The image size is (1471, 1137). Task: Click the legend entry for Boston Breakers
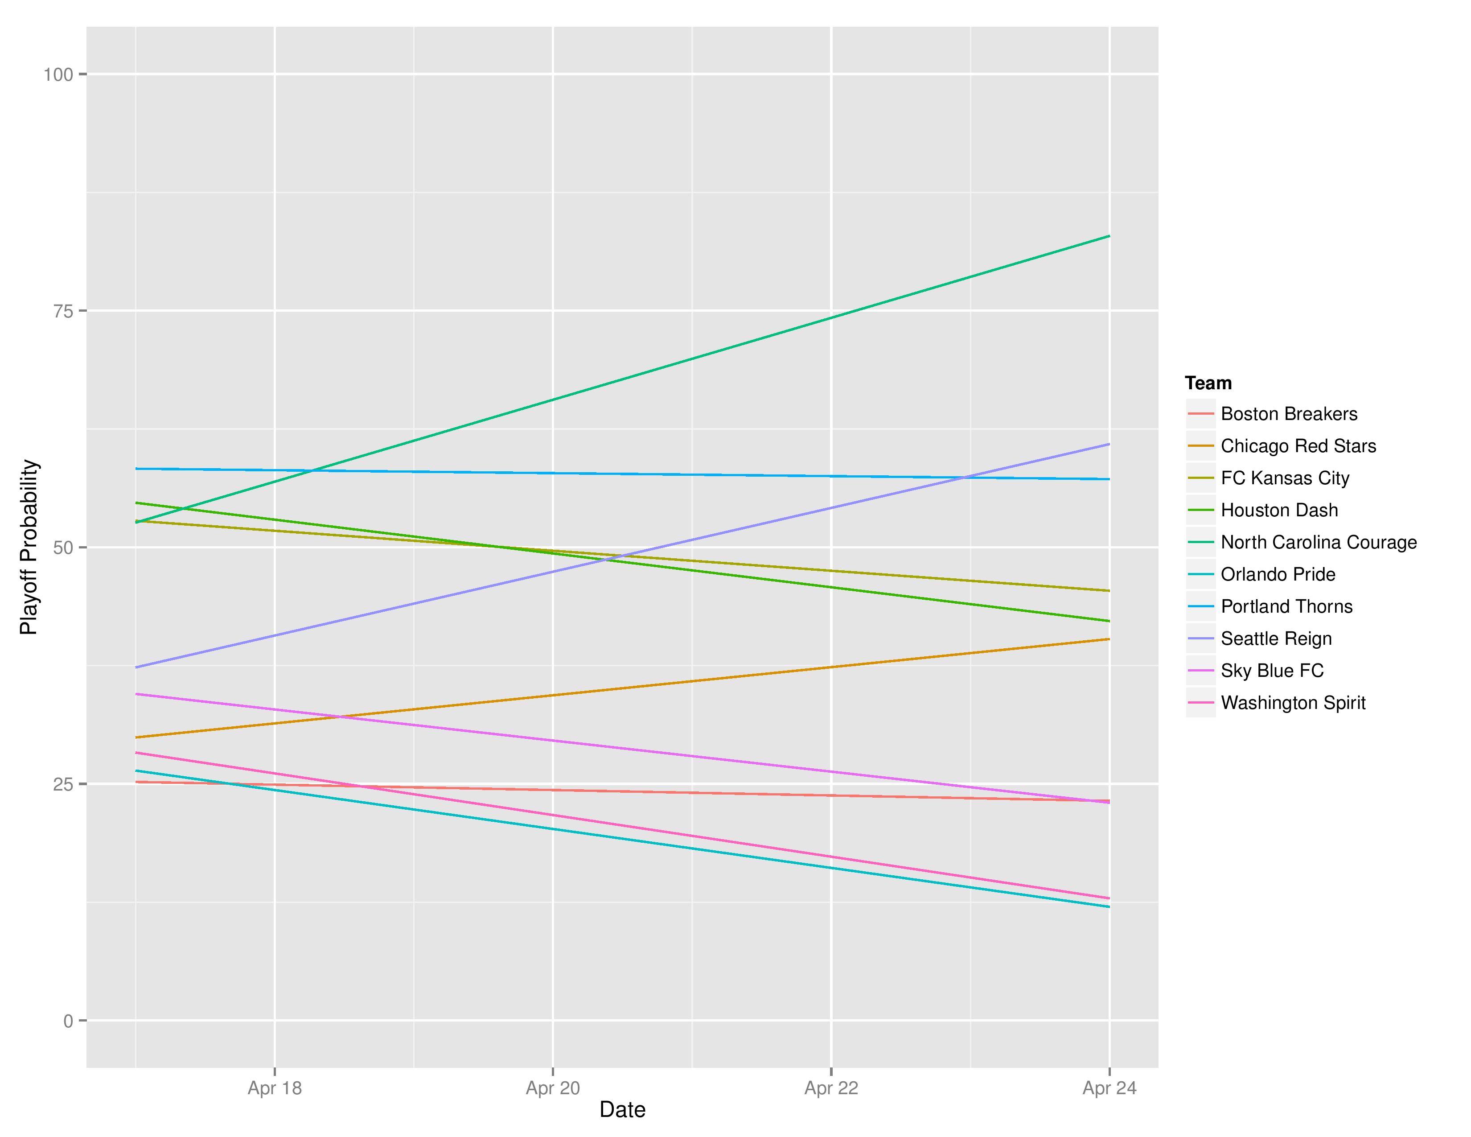pyautogui.click(x=1289, y=414)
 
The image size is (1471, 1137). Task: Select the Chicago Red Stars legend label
pyautogui.click(x=1298, y=446)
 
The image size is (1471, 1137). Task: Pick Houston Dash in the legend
pyautogui.click(x=1279, y=510)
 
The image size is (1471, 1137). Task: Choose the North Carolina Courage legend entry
pyautogui.click(x=1318, y=542)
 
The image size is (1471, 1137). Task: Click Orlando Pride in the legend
pyautogui.click(x=1278, y=575)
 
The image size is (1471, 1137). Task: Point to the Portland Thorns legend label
pyautogui.click(x=1286, y=606)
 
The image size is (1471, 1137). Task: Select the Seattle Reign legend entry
pyautogui.click(x=1276, y=639)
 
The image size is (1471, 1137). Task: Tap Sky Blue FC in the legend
pyautogui.click(x=1272, y=671)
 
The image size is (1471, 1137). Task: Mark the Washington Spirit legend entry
pyautogui.click(x=1293, y=703)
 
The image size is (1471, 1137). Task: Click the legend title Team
pyautogui.click(x=1208, y=383)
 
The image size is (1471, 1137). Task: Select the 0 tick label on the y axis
pyautogui.click(x=68, y=1021)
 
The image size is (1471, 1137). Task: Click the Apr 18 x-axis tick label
pyautogui.click(x=274, y=1088)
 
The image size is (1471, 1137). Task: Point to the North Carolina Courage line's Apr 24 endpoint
pyautogui.click(x=1109, y=236)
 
